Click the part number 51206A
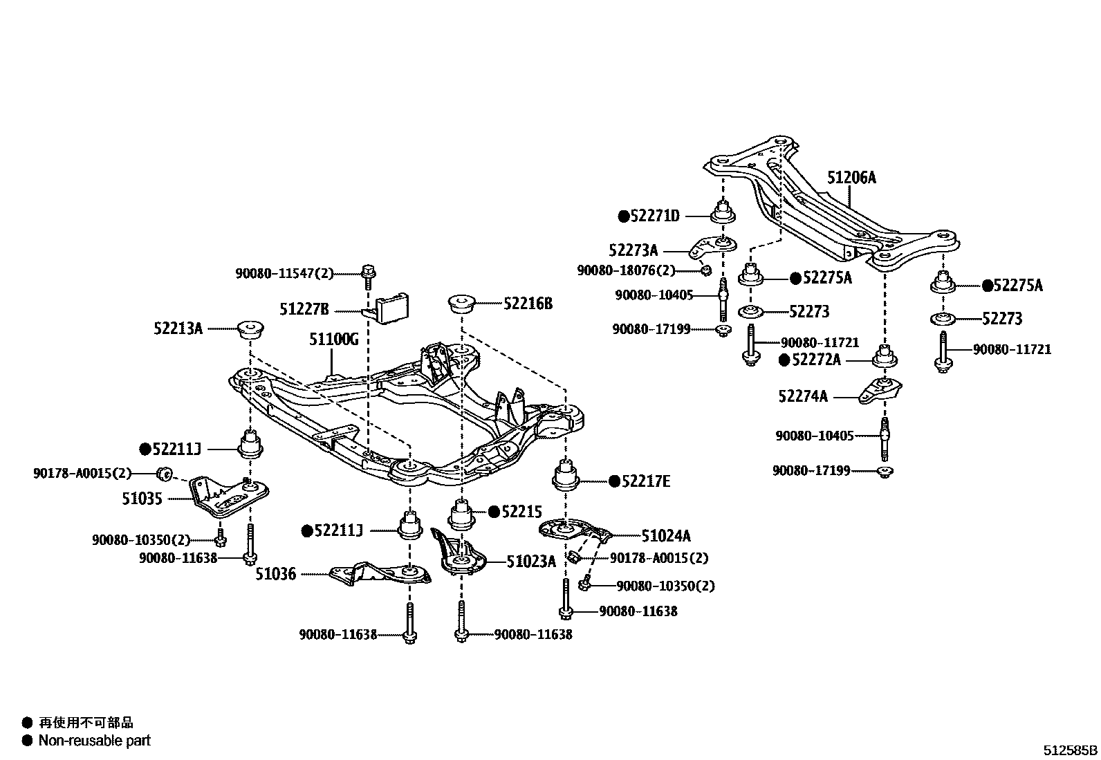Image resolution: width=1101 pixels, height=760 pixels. tap(851, 178)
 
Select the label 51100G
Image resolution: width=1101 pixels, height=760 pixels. tap(333, 339)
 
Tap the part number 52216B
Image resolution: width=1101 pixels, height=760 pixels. tap(528, 304)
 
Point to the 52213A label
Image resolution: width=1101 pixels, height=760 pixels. tap(178, 328)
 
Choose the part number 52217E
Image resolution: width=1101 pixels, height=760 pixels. tap(646, 481)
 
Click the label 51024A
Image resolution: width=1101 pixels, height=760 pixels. tap(666, 535)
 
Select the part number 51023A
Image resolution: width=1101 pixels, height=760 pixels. tap(530, 562)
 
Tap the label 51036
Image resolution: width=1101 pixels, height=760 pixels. tap(275, 573)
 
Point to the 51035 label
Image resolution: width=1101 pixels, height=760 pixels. tap(142, 499)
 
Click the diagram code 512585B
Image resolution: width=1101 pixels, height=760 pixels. tap(1070, 750)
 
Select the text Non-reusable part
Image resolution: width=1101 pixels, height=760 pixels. tap(94, 741)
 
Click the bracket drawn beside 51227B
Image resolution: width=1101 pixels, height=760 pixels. tap(391, 308)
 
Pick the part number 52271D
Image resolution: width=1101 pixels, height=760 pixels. tap(655, 216)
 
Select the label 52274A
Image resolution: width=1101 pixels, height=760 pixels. tap(802, 396)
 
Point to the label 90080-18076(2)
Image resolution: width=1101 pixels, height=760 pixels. tap(626, 270)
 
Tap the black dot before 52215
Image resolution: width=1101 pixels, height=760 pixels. tap(494, 512)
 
